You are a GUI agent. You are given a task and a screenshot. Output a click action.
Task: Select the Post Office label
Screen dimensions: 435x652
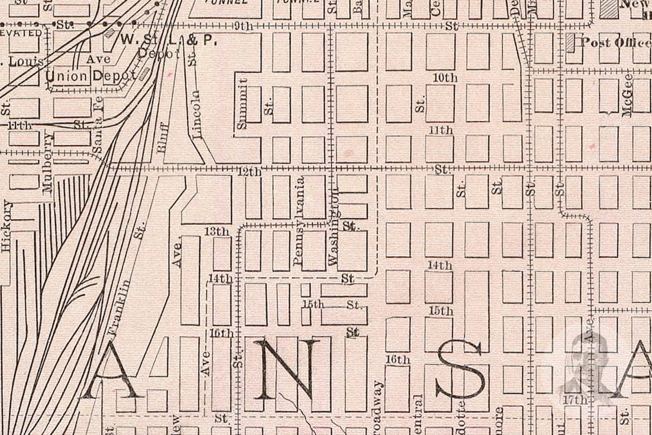[615, 42]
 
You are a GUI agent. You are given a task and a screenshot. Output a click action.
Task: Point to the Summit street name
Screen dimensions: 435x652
[242, 103]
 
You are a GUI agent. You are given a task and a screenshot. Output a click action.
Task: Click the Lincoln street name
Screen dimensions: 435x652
[197, 114]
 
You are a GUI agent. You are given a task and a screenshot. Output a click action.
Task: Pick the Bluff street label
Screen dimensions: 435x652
[162, 137]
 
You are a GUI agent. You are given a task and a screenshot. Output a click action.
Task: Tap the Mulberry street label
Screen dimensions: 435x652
[47, 163]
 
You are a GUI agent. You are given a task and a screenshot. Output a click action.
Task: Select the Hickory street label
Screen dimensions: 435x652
[7, 226]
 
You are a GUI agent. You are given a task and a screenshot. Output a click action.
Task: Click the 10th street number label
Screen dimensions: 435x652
[445, 77]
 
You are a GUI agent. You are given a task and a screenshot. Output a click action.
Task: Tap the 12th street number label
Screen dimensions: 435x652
[249, 171]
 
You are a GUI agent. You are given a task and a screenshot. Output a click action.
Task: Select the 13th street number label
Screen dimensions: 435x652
[217, 231]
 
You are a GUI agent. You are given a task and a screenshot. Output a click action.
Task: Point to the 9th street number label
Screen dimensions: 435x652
[244, 26]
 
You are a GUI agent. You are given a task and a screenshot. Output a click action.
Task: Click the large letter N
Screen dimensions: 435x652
[287, 369]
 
